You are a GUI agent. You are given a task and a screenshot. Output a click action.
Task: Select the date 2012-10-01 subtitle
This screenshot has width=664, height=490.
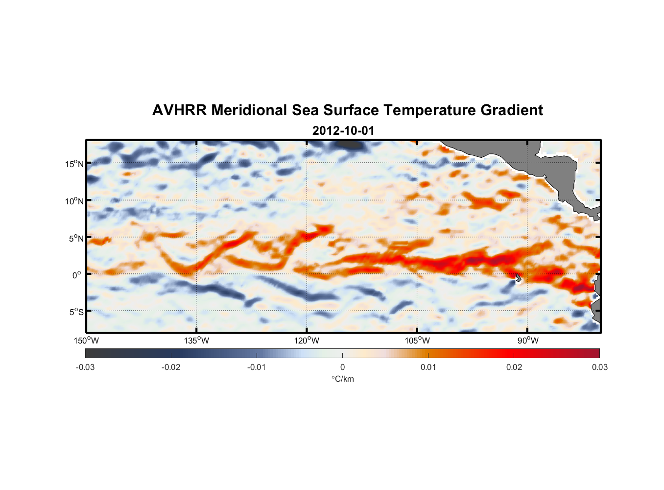tap(343, 131)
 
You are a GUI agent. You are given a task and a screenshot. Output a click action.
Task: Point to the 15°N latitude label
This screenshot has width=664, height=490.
tap(74, 164)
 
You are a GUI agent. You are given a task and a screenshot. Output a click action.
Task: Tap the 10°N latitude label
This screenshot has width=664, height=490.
tap(74, 201)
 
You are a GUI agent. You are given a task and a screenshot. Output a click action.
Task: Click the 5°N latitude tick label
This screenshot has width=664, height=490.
tap(76, 238)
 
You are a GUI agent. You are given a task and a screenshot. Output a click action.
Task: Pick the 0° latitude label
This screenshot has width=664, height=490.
tap(77, 275)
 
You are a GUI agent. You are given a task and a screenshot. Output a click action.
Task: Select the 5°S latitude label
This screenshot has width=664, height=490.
tap(76, 312)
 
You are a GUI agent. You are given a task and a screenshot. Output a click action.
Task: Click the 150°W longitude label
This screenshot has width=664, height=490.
tap(86, 341)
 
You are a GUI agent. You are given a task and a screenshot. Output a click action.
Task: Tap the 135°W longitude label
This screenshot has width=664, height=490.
tap(196, 341)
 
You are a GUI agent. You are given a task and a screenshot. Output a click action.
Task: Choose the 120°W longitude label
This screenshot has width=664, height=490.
tap(307, 341)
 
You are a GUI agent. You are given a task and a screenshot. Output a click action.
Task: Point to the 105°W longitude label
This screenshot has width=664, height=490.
tap(417, 341)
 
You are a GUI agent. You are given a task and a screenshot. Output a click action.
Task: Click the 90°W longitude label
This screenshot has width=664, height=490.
tap(528, 341)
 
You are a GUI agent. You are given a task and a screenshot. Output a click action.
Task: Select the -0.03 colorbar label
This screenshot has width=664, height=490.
tap(85, 367)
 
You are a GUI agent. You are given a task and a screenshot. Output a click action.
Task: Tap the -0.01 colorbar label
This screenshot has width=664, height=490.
tap(257, 367)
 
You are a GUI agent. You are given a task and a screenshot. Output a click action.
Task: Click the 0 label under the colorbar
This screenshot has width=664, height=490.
tap(342, 367)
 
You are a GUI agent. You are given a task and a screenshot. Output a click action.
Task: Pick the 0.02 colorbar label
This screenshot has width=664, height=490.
tap(514, 367)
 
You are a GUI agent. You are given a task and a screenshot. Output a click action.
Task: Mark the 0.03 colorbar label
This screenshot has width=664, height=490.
tap(599, 367)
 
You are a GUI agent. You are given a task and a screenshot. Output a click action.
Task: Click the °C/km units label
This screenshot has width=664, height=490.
tap(343, 379)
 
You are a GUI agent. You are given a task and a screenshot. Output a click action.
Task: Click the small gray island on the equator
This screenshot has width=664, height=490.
tap(518, 278)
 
